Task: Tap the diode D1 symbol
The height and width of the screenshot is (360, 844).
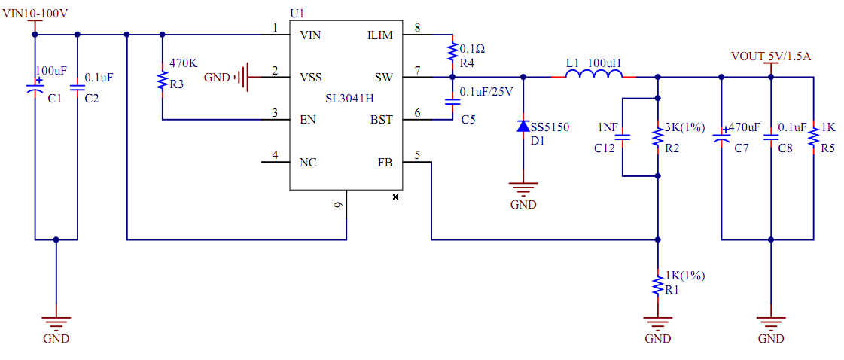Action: [x=523, y=126]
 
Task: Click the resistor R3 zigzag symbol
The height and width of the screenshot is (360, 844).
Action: [x=162, y=81]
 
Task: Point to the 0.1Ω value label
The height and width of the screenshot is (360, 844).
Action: [x=472, y=48]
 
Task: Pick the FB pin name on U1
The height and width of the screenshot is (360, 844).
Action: [x=385, y=162]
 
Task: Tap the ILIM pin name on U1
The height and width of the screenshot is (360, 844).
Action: [x=379, y=35]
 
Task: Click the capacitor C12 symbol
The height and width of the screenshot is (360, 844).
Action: [x=622, y=137]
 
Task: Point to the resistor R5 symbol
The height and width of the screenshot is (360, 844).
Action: [x=813, y=138]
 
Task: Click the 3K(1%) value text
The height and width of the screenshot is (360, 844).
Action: [x=684, y=127]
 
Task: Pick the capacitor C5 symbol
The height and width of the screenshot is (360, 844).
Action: [x=452, y=104]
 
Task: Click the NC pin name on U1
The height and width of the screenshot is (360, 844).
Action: [x=308, y=162]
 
